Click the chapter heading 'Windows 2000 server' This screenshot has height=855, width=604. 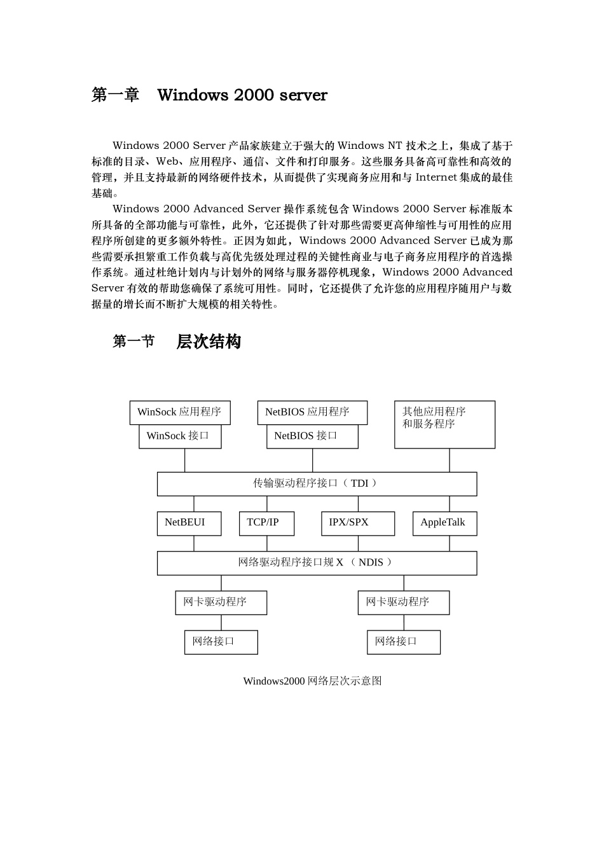point(242,95)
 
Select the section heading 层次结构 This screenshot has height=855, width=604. point(209,342)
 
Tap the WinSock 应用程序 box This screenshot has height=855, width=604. point(180,412)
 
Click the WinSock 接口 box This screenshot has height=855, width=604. point(180,436)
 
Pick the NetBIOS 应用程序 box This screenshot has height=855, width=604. point(312,412)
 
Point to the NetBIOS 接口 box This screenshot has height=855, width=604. point(312,436)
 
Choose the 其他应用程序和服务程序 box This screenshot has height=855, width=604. point(444,424)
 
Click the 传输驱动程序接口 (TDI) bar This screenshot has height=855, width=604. point(317,483)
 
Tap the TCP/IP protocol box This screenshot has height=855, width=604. point(266,523)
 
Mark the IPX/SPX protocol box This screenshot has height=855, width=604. point(357,523)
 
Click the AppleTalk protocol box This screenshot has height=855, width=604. point(444,523)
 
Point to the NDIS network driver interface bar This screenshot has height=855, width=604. point(317,563)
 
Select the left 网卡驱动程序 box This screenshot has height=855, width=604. point(221,602)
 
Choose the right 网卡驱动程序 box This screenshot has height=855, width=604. point(403,602)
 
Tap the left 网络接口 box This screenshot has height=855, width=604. point(221,642)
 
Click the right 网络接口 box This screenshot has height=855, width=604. point(403,642)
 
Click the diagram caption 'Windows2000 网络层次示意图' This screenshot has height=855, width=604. point(312,681)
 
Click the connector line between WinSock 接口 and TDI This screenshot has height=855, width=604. point(185,460)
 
